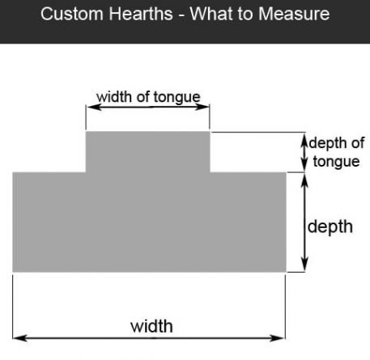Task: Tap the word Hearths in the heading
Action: [141, 14]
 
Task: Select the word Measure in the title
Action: [294, 14]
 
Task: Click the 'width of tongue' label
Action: [148, 97]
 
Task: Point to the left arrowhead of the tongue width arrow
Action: [93, 107]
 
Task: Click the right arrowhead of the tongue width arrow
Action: [202, 107]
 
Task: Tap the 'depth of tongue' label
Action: [337, 152]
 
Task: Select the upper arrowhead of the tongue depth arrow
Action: [304, 141]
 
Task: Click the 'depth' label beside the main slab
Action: [330, 227]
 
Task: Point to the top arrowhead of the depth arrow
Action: [304, 180]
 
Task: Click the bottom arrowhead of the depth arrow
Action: [304, 265]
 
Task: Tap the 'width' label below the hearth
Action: [151, 326]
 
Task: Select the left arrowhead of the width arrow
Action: [20, 338]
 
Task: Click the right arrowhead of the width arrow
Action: [278, 338]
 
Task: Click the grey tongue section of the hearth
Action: [148, 152]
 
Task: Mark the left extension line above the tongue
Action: [86, 117]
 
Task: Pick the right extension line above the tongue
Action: [210, 117]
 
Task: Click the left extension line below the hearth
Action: [13, 307]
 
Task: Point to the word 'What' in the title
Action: [211, 14]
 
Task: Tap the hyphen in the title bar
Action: [181, 15]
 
